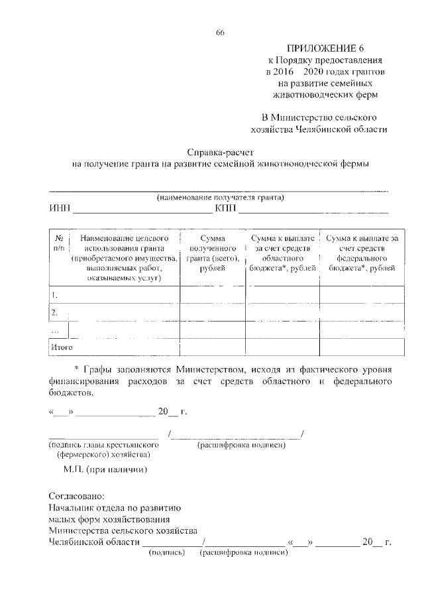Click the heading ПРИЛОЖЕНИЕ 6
325,48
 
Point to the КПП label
225,210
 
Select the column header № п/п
58,243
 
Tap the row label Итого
61,347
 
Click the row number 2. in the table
54,312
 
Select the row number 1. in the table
54,294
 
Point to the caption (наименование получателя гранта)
220,198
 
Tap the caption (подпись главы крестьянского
103,444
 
